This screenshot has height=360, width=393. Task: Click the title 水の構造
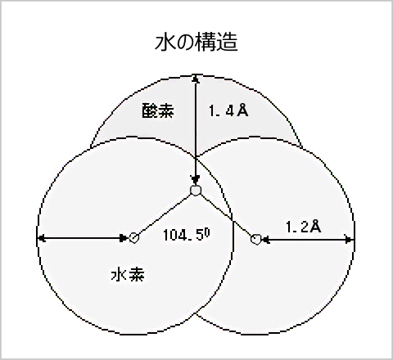[x=196, y=42]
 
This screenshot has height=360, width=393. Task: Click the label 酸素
[x=158, y=110]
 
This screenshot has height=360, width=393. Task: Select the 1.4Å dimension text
[x=228, y=110]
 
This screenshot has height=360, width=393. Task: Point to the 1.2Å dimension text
[x=303, y=227]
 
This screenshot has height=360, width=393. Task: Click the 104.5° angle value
[x=187, y=234]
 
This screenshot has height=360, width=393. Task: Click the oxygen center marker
[x=196, y=190]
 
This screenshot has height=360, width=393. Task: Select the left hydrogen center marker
[x=133, y=238]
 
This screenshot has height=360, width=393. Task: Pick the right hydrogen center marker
[x=256, y=239]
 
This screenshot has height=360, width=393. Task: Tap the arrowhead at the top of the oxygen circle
[x=195, y=79]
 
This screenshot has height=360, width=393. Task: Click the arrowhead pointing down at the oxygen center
[x=195, y=180]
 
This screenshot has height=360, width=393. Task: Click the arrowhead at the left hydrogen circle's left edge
[x=42, y=238]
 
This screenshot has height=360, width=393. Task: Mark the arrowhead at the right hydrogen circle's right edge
[x=349, y=240]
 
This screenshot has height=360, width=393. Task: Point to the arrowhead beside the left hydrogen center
[x=124, y=238]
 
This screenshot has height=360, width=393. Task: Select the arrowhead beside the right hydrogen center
[x=266, y=240]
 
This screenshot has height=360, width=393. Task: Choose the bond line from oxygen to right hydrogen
[x=226, y=215]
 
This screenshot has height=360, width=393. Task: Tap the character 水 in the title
[x=165, y=42]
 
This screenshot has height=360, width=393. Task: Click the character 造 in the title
[x=228, y=42]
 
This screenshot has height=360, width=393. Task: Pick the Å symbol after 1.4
[x=242, y=110]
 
